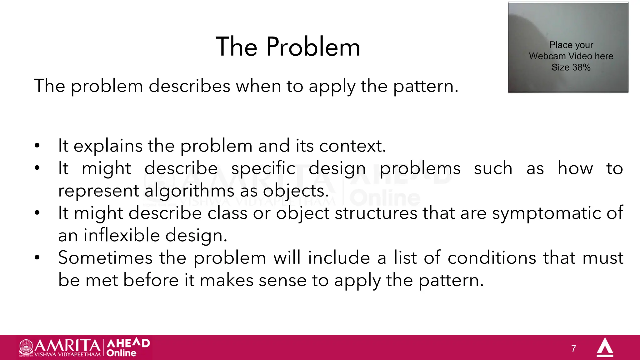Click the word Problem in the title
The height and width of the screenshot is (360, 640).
pos(313,47)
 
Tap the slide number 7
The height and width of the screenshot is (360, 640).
pos(573,348)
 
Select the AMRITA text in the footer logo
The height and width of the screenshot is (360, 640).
pos(67,345)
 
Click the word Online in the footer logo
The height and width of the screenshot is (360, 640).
pos(121,353)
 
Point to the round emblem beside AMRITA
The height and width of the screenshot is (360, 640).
pos(26,347)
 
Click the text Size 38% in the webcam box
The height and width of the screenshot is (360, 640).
pos(571,67)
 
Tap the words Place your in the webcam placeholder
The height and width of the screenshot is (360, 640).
pos(571,45)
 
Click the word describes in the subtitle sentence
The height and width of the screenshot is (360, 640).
pos(189,86)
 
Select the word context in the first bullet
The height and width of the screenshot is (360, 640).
pos(352,146)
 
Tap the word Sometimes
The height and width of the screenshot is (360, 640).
pos(105,258)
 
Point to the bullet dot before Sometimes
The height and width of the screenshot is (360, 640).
pos(37,258)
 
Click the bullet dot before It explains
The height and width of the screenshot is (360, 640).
pos(37,146)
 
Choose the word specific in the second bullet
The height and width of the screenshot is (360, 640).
pos(263,168)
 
